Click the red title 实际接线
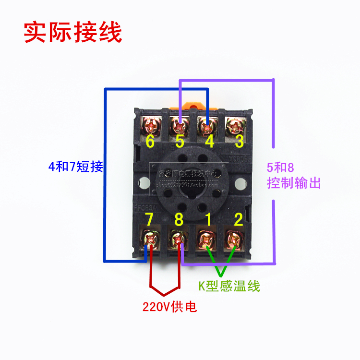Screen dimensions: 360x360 (x=73, y=32)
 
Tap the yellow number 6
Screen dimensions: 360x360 (x=150, y=141)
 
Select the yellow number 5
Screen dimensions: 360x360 (x=180, y=142)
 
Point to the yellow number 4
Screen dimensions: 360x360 (x=210, y=142)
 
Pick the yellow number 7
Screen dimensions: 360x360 (x=149, y=220)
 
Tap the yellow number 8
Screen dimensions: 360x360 (x=179, y=220)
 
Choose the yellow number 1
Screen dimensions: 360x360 (x=209, y=220)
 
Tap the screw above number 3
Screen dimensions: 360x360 (x=237, y=126)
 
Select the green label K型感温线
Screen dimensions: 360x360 (x=229, y=286)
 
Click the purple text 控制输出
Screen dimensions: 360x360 (x=294, y=183)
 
